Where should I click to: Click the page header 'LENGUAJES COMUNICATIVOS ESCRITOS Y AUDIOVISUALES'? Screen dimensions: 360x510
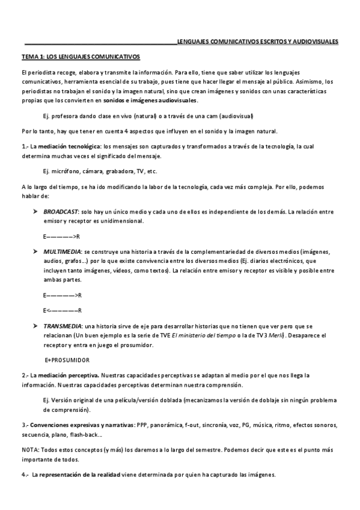coord(257,41)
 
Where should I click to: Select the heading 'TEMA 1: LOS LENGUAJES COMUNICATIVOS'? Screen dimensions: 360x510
coord(81,57)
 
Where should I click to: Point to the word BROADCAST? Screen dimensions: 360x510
coord(61,212)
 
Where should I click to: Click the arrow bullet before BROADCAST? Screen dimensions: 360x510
coord(35,212)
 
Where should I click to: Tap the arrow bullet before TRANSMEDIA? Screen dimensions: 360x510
coord(35,325)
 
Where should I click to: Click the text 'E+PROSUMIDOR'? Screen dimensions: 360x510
coord(67,360)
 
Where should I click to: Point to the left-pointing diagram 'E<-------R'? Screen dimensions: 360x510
coord(62,310)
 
